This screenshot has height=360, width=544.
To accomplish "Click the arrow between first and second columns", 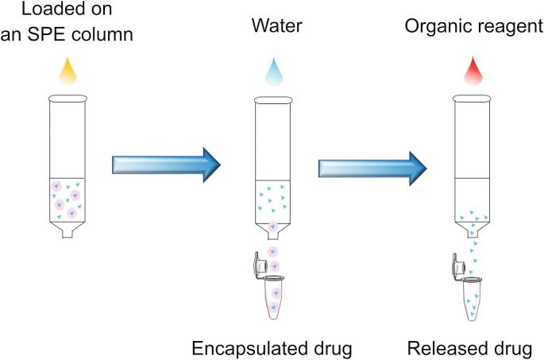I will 165,164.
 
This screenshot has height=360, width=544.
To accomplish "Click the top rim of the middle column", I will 272,101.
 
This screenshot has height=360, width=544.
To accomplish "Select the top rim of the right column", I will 473,101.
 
